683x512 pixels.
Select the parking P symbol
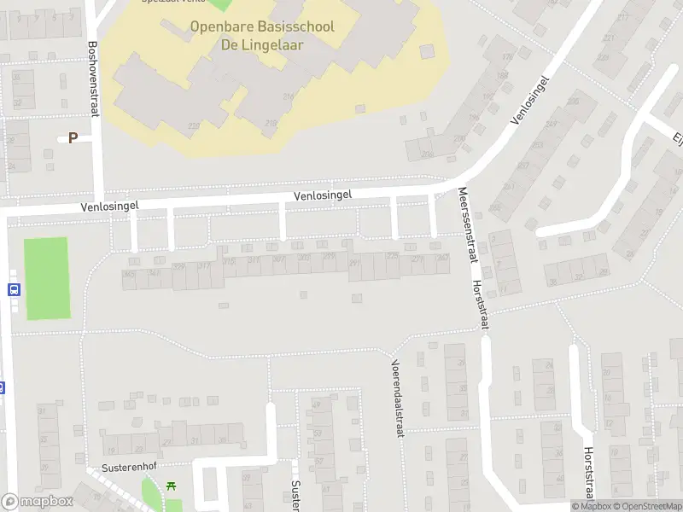pos(73,137)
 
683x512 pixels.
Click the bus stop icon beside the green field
pos(14,288)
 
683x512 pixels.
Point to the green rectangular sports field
pos(46,278)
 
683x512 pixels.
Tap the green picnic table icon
pos(172,486)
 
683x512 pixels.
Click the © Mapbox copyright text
pos(591,507)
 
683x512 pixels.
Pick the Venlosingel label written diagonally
pos(529,101)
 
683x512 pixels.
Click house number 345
pos(129,274)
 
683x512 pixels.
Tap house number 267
pos(442,257)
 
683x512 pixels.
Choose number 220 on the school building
pos(195,125)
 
